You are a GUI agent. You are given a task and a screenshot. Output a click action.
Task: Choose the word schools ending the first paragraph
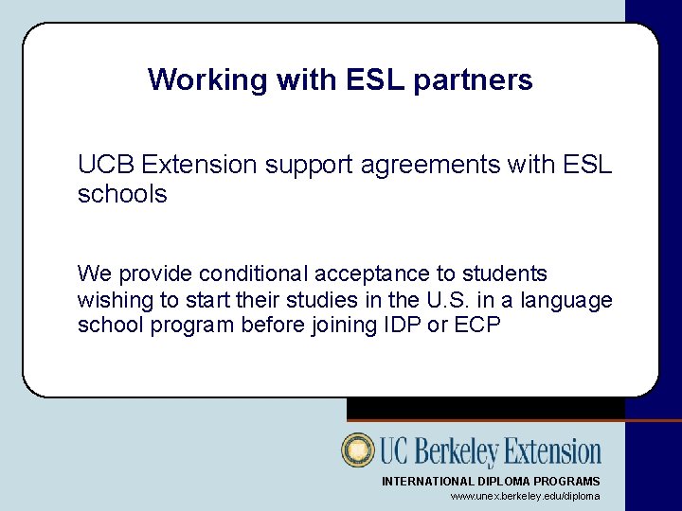coord(122,195)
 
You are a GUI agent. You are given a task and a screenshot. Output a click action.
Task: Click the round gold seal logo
coord(358,450)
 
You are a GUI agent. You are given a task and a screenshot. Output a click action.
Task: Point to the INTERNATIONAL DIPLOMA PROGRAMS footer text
coord(491,482)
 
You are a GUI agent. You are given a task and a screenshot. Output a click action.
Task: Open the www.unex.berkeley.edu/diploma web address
coord(525,496)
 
